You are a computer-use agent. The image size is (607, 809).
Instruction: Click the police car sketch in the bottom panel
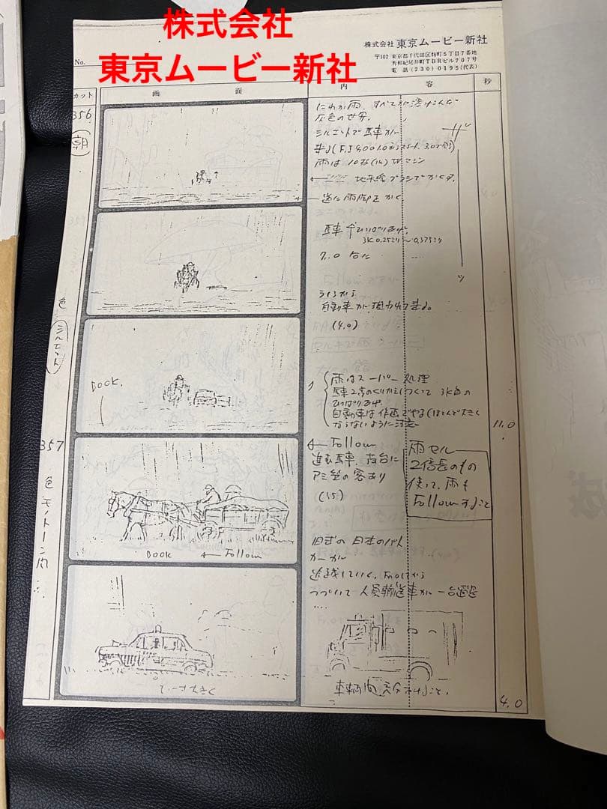[x=156, y=649]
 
